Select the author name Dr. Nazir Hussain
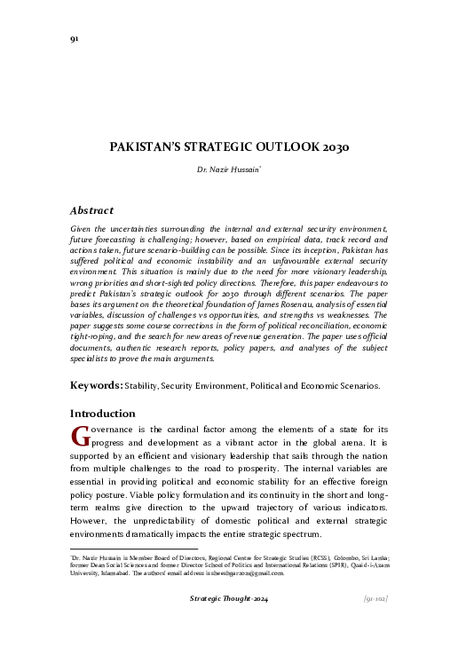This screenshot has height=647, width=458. click(x=227, y=168)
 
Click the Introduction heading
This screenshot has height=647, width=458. click(x=102, y=414)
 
